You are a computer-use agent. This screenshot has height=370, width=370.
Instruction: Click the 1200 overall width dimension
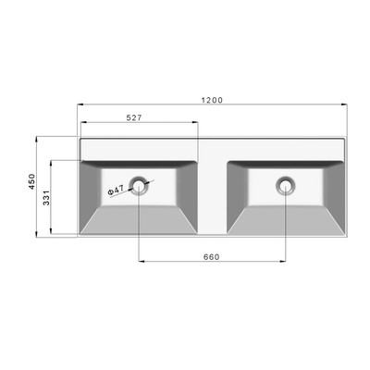click(212, 100)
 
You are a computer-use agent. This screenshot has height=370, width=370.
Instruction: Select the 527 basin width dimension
click(134, 117)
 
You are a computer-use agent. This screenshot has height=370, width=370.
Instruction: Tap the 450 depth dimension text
click(32, 181)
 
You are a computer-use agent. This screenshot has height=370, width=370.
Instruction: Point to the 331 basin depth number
click(46, 198)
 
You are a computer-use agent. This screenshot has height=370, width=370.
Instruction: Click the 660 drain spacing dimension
click(212, 257)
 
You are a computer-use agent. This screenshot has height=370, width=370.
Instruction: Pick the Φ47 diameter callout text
click(117, 190)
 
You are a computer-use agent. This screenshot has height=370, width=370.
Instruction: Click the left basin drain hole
click(139, 185)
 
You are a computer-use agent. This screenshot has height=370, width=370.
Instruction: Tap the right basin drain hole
click(286, 185)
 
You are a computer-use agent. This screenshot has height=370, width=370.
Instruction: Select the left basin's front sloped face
click(139, 219)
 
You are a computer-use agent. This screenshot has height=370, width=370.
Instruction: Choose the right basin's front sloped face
click(285, 219)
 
